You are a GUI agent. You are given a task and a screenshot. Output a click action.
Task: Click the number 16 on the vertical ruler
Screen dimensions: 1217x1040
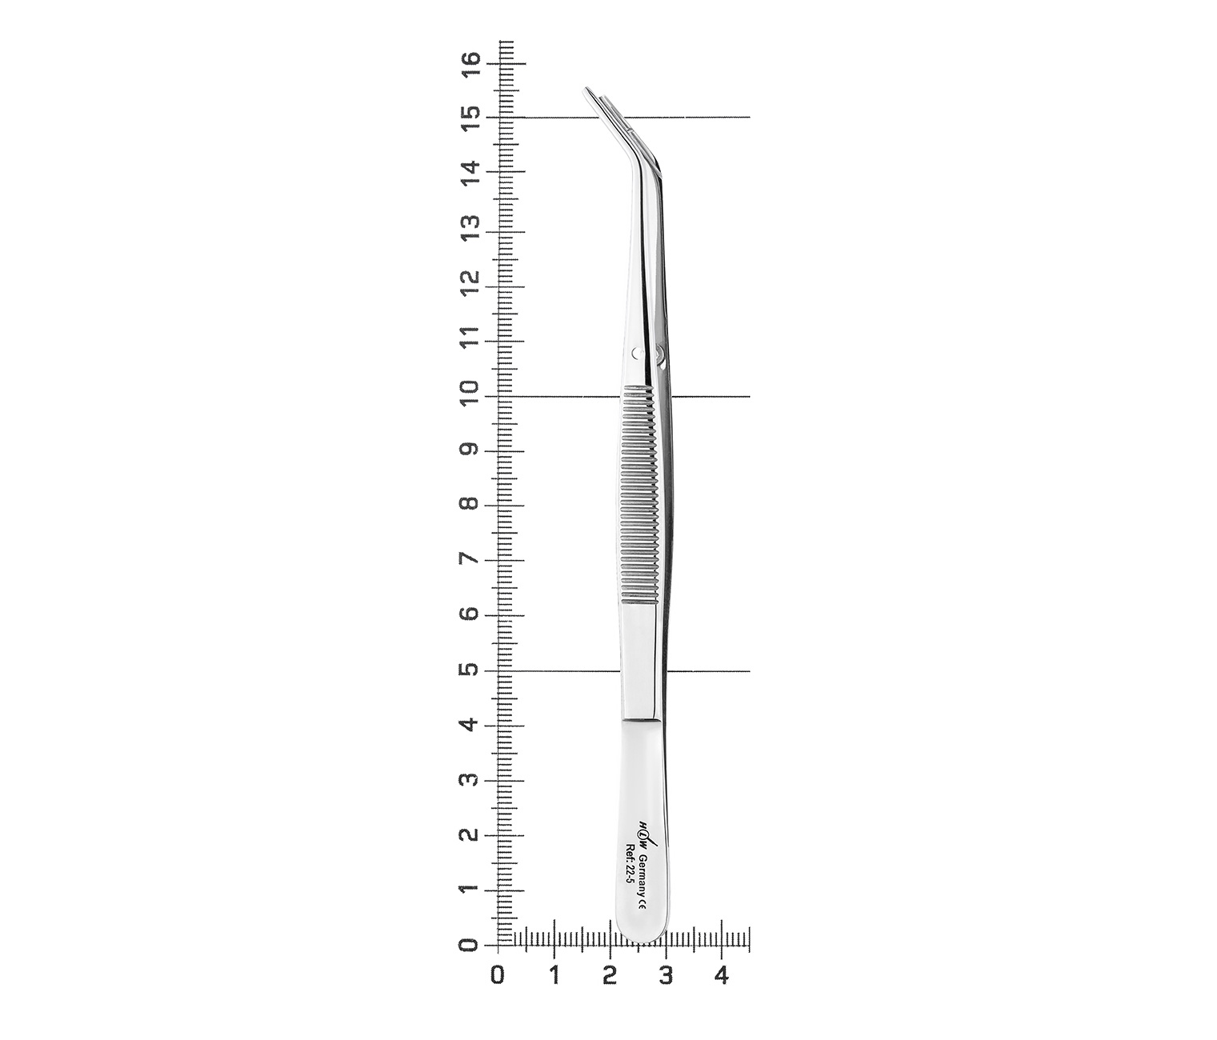click(x=471, y=64)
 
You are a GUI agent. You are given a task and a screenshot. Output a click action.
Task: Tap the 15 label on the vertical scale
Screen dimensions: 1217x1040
click(x=471, y=118)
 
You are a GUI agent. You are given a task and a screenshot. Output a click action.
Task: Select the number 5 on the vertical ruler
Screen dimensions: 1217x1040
click(x=471, y=670)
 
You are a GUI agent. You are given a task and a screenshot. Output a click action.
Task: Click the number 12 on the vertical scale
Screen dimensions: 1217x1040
click(x=471, y=285)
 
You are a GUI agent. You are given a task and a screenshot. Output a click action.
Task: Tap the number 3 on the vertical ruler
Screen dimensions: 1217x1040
click(x=471, y=781)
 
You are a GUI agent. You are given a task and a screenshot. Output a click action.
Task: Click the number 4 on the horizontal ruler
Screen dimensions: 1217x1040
click(x=721, y=976)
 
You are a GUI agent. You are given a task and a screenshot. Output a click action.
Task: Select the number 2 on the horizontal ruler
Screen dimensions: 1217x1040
click(x=610, y=976)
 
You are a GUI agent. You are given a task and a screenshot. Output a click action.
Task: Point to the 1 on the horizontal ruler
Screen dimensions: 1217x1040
click(x=554, y=976)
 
